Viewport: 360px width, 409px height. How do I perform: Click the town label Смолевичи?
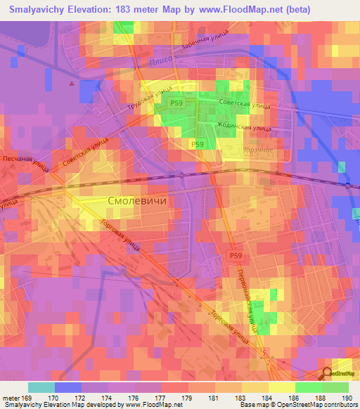[136, 200]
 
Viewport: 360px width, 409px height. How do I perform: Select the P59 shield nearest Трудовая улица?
[177, 103]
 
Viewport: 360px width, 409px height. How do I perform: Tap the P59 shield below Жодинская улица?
[198, 144]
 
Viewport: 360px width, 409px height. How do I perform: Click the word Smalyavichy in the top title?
[37, 10]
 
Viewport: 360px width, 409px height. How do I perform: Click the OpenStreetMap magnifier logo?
[328, 373]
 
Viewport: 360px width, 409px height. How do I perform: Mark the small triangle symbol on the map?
[71, 83]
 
